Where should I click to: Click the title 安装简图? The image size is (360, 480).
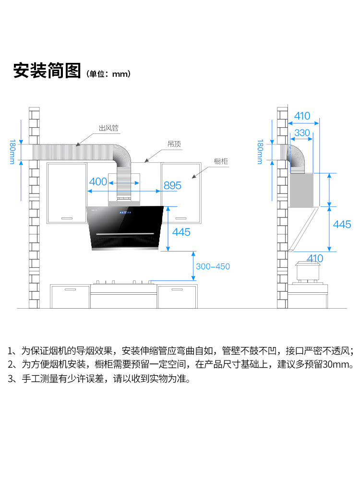pos(47,71)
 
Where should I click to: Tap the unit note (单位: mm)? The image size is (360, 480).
pos(108,74)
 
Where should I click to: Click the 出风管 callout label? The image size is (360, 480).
pos(108,128)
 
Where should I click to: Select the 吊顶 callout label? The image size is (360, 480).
pos(174,144)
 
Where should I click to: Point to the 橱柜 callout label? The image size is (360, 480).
pos(221,161)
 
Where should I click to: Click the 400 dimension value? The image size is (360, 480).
pos(98,181)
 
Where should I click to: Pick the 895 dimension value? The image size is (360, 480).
pos(172,185)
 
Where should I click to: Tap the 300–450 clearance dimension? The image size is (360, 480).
pos(213,266)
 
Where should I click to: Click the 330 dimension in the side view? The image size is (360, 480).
pos(302,132)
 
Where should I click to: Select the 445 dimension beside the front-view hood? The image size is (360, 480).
pos(181,232)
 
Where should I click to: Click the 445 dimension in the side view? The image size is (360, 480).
pos(342,224)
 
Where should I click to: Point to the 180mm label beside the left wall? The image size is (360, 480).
pos(12,152)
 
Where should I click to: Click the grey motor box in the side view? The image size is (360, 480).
pos(301,190)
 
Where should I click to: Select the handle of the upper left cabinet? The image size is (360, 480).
pos(67,218)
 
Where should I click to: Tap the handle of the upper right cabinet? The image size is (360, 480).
pos(181,218)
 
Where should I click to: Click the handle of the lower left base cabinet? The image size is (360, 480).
pos(70,289)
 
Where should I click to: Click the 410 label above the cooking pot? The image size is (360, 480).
pos(315,258)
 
